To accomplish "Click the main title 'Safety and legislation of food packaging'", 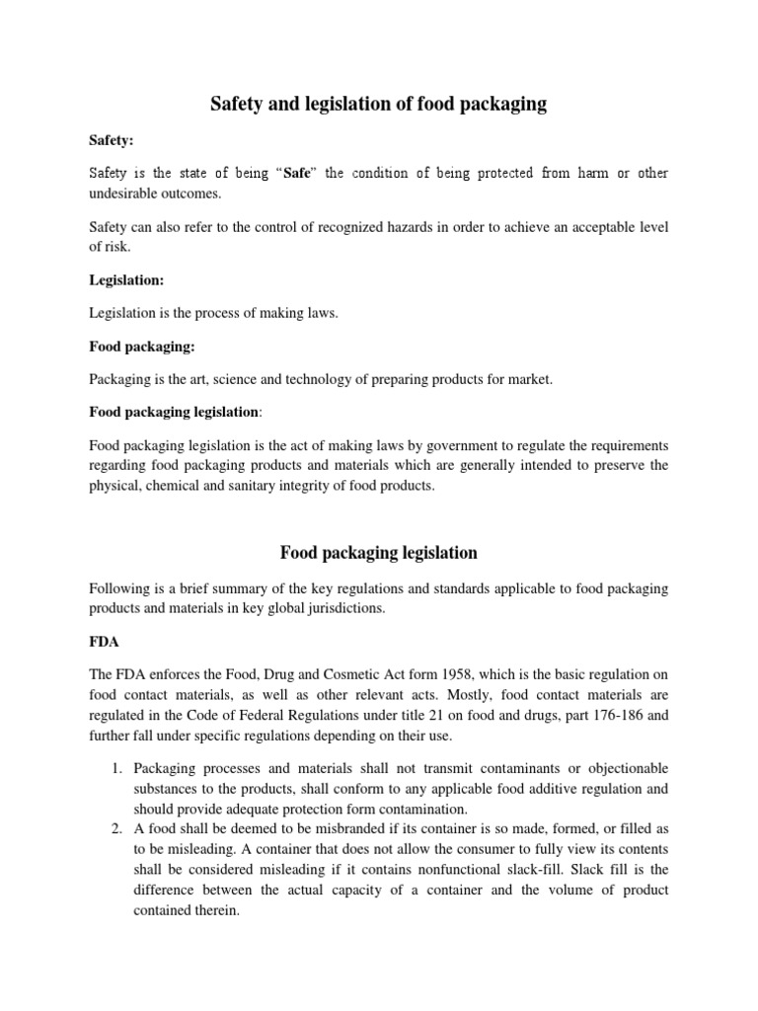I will [x=379, y=104].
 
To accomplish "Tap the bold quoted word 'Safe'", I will [x=299, y=174].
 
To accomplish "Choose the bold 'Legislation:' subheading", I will [x=125, y=280].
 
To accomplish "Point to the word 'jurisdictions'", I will [x=341, y=607].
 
